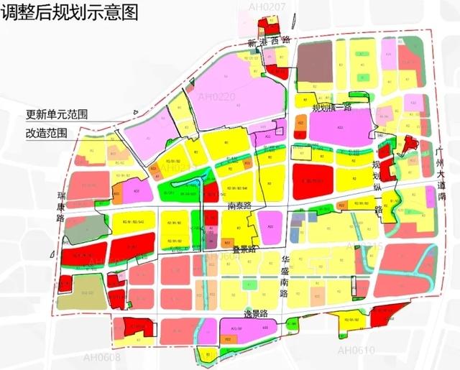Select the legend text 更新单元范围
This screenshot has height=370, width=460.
point(57,114)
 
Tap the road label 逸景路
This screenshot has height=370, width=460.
point(254,313)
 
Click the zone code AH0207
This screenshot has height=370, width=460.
point(267,7)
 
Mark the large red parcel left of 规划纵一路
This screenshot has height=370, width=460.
point(313,176)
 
